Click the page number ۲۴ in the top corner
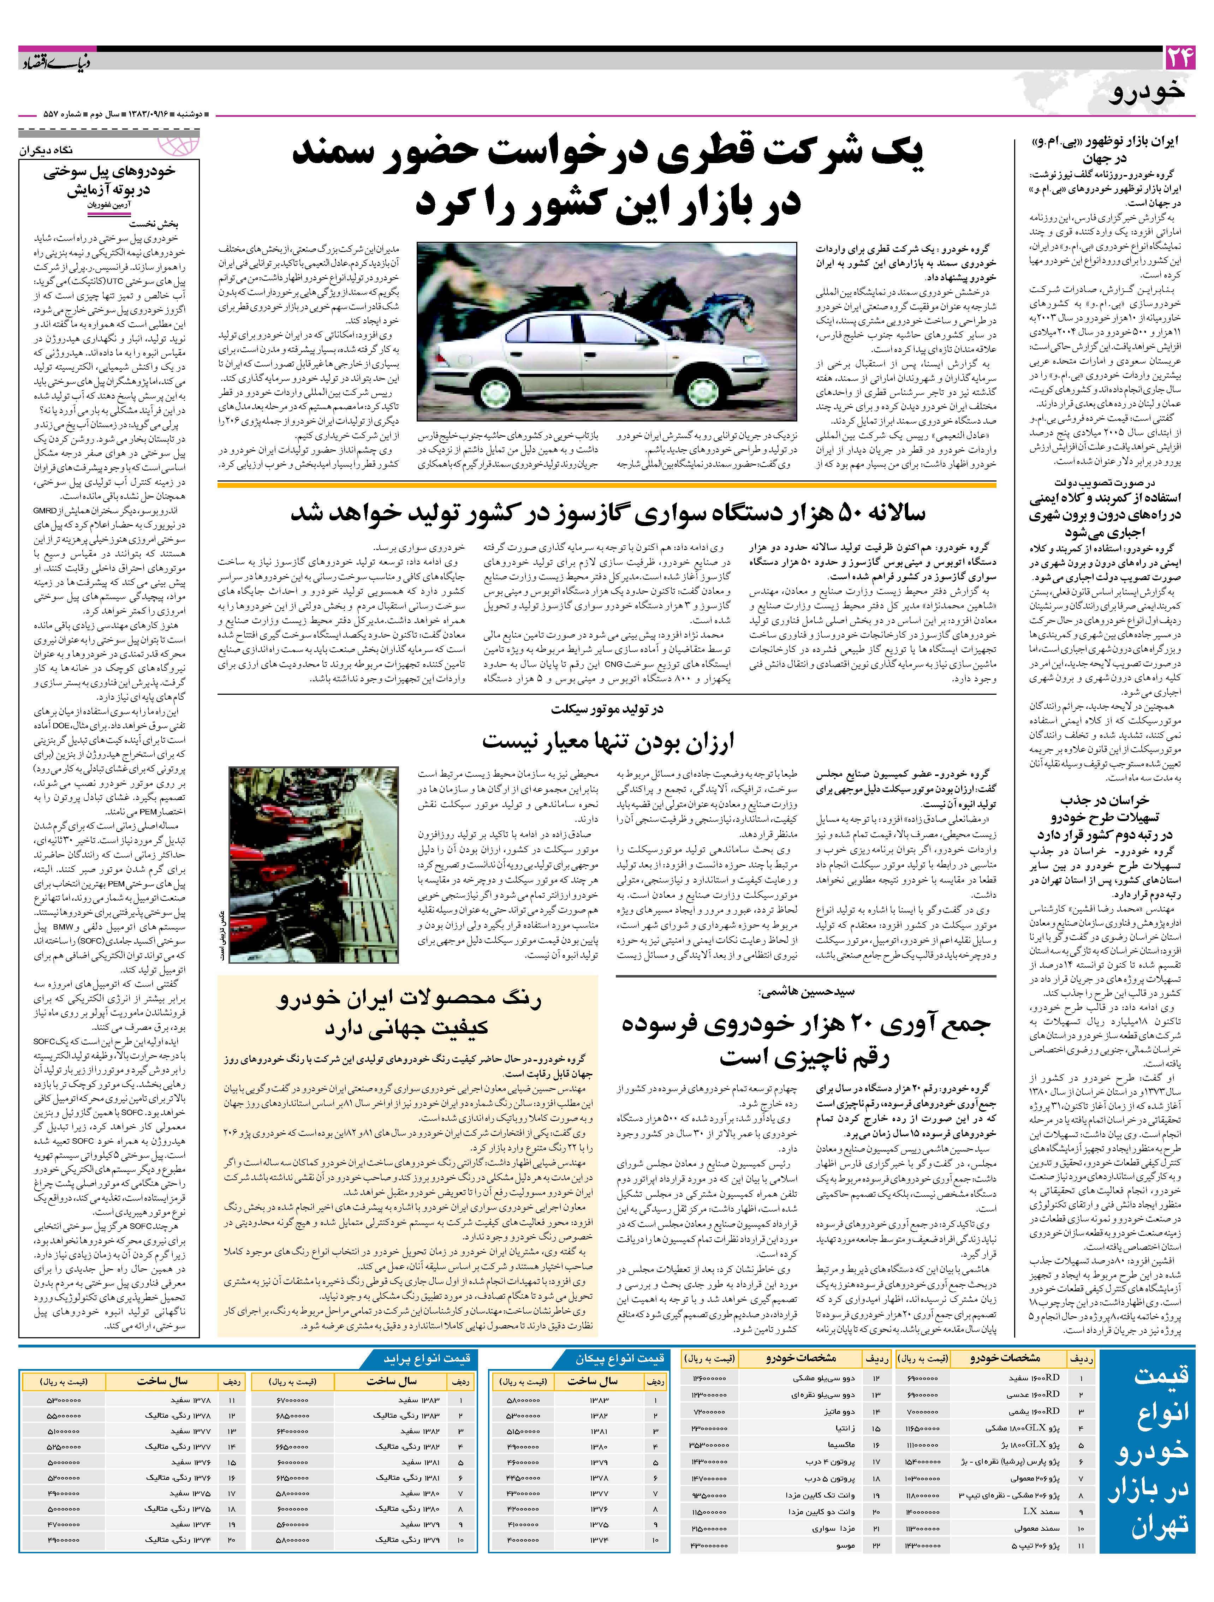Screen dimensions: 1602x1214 (1178, 58)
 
